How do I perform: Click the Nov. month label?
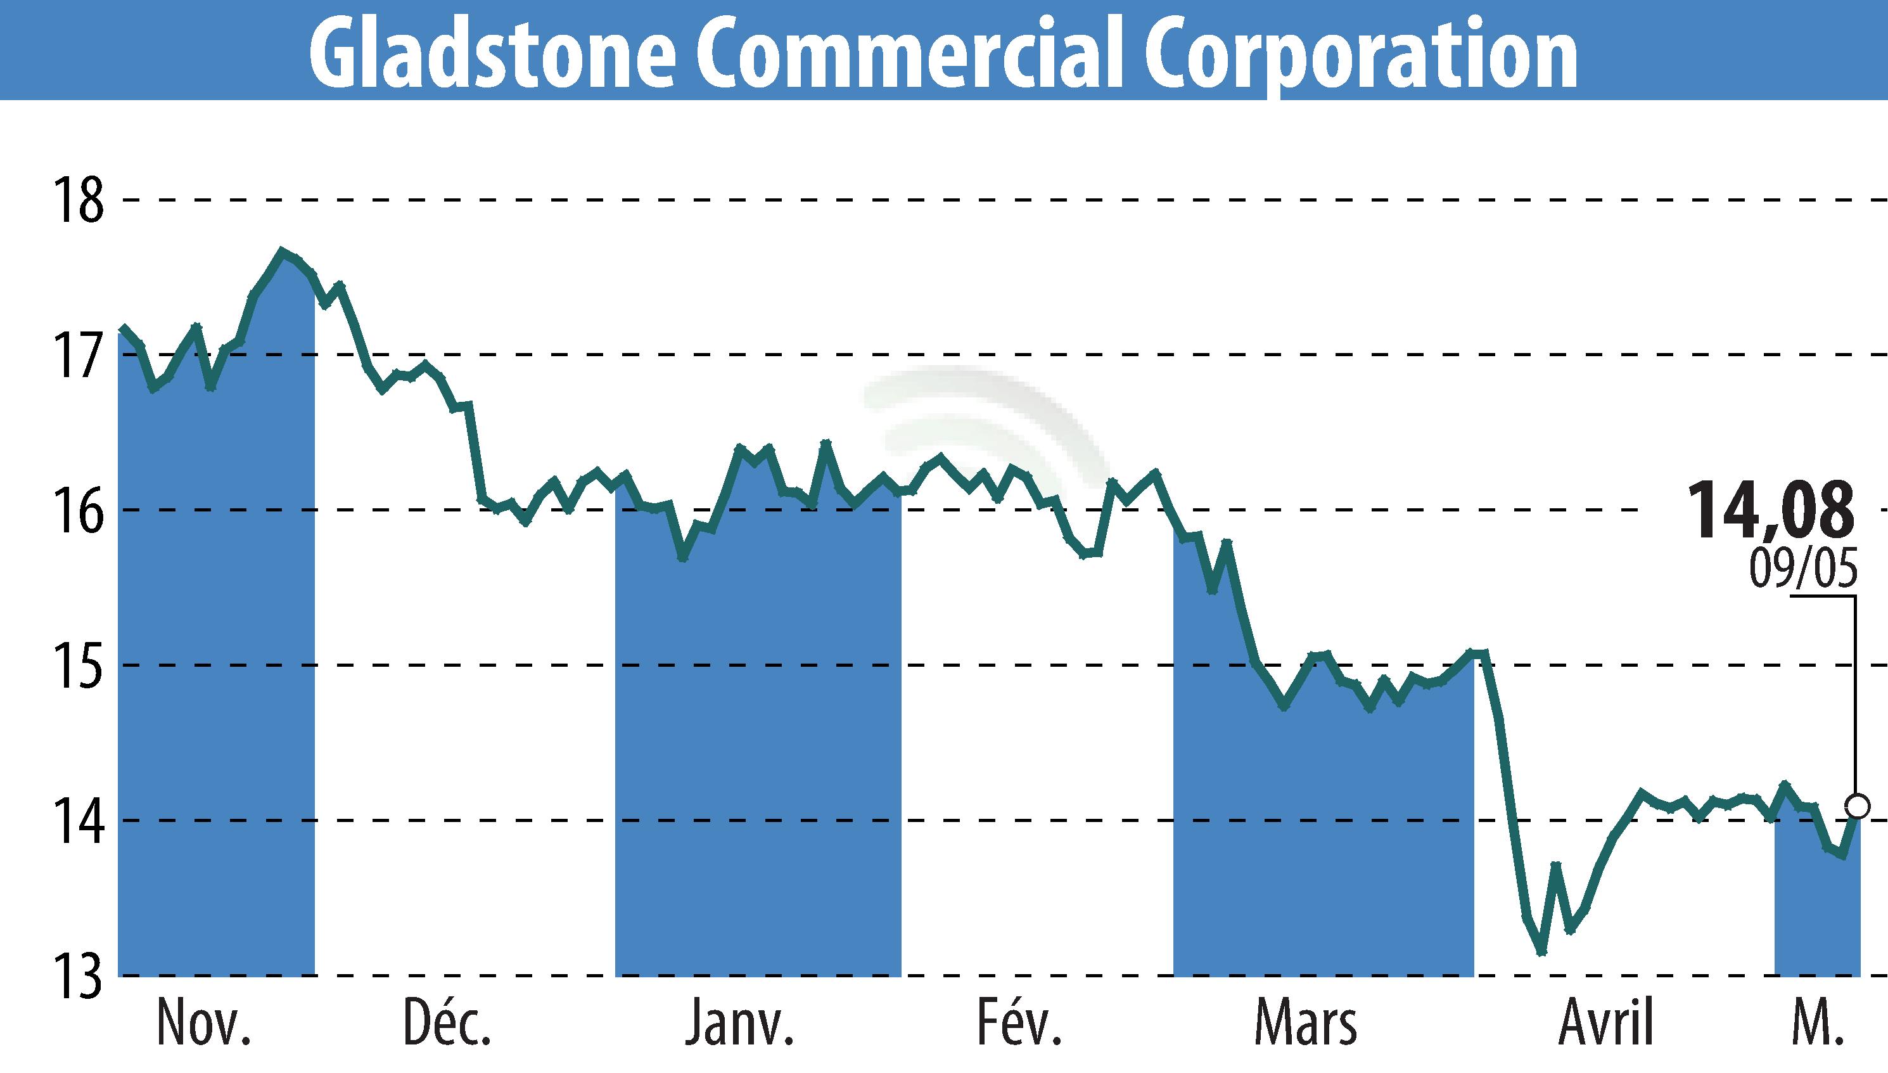(x=204, y=1023)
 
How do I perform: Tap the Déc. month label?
(x=447, y=1023)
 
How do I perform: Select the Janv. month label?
(x=739, y=1023)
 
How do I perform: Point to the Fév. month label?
(x=1019, y=1023)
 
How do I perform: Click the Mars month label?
(x=1305, y=1023)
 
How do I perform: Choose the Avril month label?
(x=1606, y=1023)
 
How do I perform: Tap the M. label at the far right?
(x=1816, y=1023)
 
